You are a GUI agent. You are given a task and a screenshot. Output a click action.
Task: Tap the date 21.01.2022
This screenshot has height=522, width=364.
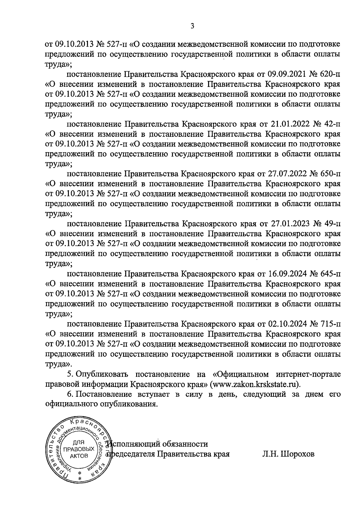click(x=288, y=124)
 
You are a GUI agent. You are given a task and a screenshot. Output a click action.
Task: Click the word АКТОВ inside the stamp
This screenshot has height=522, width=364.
click(x=78, y=456)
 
